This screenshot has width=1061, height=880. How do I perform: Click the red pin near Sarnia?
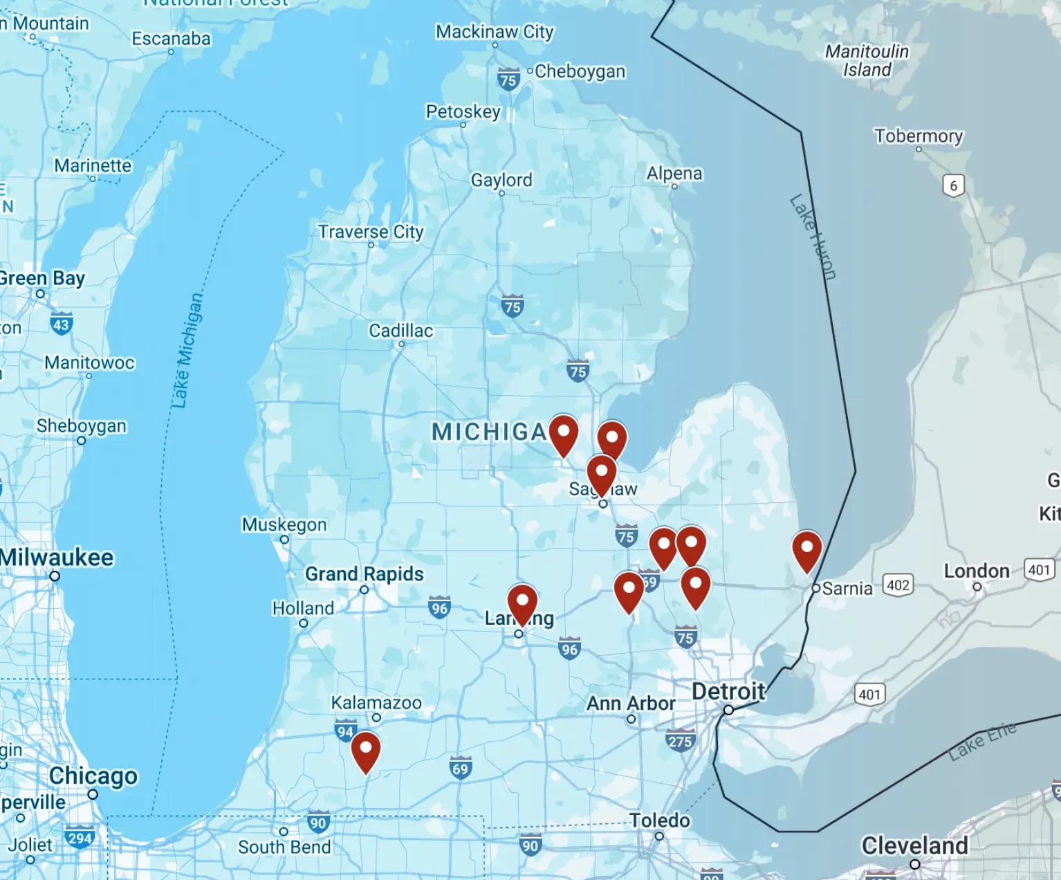tap(806, 550)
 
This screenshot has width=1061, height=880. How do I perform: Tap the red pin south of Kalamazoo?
tap(365, 751)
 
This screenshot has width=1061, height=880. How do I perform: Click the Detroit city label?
tap(728, 691)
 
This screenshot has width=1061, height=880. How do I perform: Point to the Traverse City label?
tap(371, 232)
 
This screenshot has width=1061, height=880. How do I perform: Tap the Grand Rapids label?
tap(365, 574)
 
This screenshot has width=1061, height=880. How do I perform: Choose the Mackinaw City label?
tap(495, 32)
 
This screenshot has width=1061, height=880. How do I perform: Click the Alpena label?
tap(674, 174)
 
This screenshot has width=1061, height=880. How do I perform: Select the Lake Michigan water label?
tap(187, 350)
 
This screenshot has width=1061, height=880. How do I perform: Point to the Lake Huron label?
tap(813, 237)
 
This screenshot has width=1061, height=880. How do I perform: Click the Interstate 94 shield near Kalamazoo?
tap(345, 731)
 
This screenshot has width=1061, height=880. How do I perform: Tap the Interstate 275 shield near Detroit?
tap(680, 741)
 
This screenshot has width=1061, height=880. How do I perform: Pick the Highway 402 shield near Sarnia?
tap(898, 585)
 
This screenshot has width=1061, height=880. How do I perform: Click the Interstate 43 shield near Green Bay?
tap(61, 324)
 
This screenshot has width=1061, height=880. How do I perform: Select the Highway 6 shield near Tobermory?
tap(953, 185)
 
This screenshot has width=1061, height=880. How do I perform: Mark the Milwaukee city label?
tap(57, 558)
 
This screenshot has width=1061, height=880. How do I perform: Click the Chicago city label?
tap(93, 776)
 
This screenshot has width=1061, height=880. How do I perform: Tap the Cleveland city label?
tap(914, 845)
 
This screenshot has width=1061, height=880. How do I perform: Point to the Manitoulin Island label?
tap(867, 60)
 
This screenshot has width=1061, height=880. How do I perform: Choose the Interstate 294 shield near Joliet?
tap(80, 838)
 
